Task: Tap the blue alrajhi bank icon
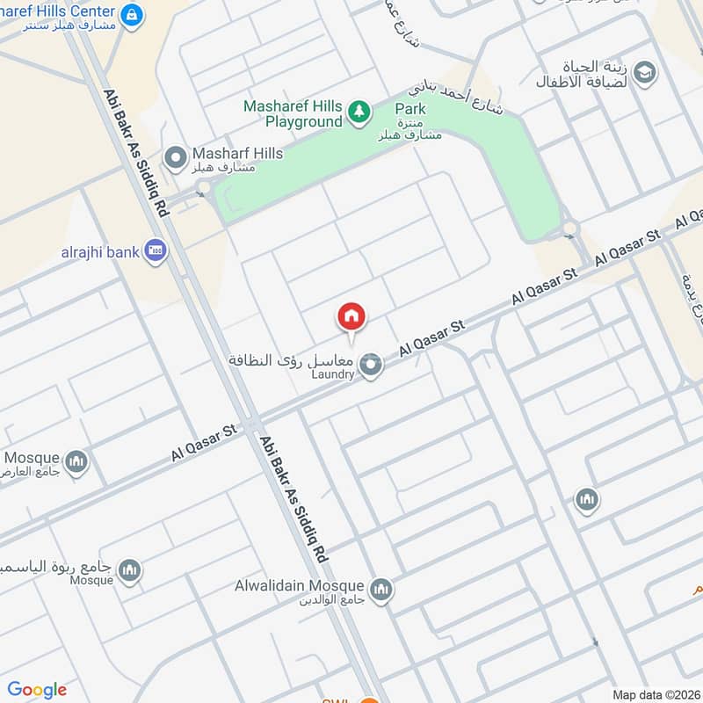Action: click(156, 251)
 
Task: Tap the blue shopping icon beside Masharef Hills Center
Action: click(132, 14)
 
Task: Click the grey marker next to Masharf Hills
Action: click(176, 158)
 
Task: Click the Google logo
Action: click(37, 690)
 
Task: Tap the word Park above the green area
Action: click(410, 109)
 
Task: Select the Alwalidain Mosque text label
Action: click(299, 586)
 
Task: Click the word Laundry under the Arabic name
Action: click(331, 374)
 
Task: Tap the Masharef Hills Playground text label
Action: click(293, 114)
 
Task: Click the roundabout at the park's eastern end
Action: click(570, 228)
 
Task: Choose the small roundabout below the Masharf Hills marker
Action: click(204, 185)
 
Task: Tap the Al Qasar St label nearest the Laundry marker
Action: click(431, 338)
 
